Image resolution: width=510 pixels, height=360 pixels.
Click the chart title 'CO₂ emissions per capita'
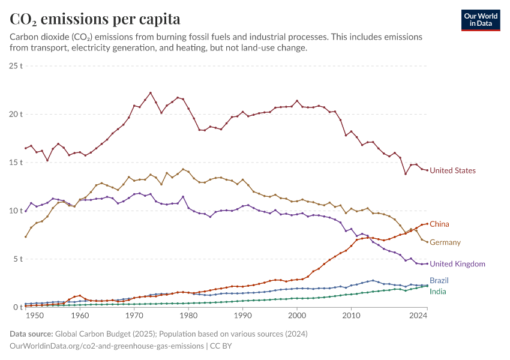coord(95,19)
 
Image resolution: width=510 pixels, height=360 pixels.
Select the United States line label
coord(452,170)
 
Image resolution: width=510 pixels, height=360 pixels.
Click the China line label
coord(439,224)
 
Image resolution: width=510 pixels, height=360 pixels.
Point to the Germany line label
coord(445,242)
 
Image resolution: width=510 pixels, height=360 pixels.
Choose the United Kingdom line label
coord(457,264)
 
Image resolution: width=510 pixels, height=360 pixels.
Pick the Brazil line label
coord(439,280)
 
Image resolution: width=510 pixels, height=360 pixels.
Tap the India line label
coord(437,292)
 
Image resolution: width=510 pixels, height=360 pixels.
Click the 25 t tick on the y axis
coord(16,65)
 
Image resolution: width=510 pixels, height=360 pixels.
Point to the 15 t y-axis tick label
coord(16,163)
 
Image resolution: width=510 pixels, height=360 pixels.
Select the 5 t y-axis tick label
coord(18,259)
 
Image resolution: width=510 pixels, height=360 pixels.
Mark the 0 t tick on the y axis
coord(18,308)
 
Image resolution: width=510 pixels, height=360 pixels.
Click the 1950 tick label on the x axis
coord(35,315)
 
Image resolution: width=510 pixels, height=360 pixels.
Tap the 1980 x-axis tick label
coord(189,315)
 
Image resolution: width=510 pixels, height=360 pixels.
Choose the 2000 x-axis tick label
coord(297,315)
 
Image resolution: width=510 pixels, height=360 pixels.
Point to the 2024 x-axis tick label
coord(419,315)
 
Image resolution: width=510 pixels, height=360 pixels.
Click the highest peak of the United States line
coord(151,93)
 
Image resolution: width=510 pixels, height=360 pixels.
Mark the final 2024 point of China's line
coord(427,224)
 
